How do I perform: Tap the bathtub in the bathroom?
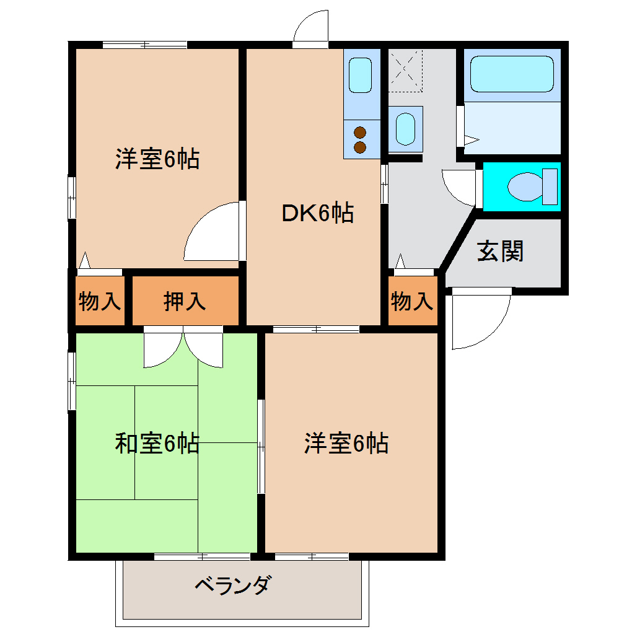coord(511,74)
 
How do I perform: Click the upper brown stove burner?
coord(360,131)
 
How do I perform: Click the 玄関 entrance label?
coord(500,251)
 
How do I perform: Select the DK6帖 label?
coord(318,213)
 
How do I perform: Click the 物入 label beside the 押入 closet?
coord(99,301)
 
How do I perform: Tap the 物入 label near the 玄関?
coord(411,302)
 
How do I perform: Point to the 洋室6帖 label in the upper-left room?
coord(157,159)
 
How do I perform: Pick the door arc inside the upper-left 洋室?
coord(211,232)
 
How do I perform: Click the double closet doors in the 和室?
coord(183,350)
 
